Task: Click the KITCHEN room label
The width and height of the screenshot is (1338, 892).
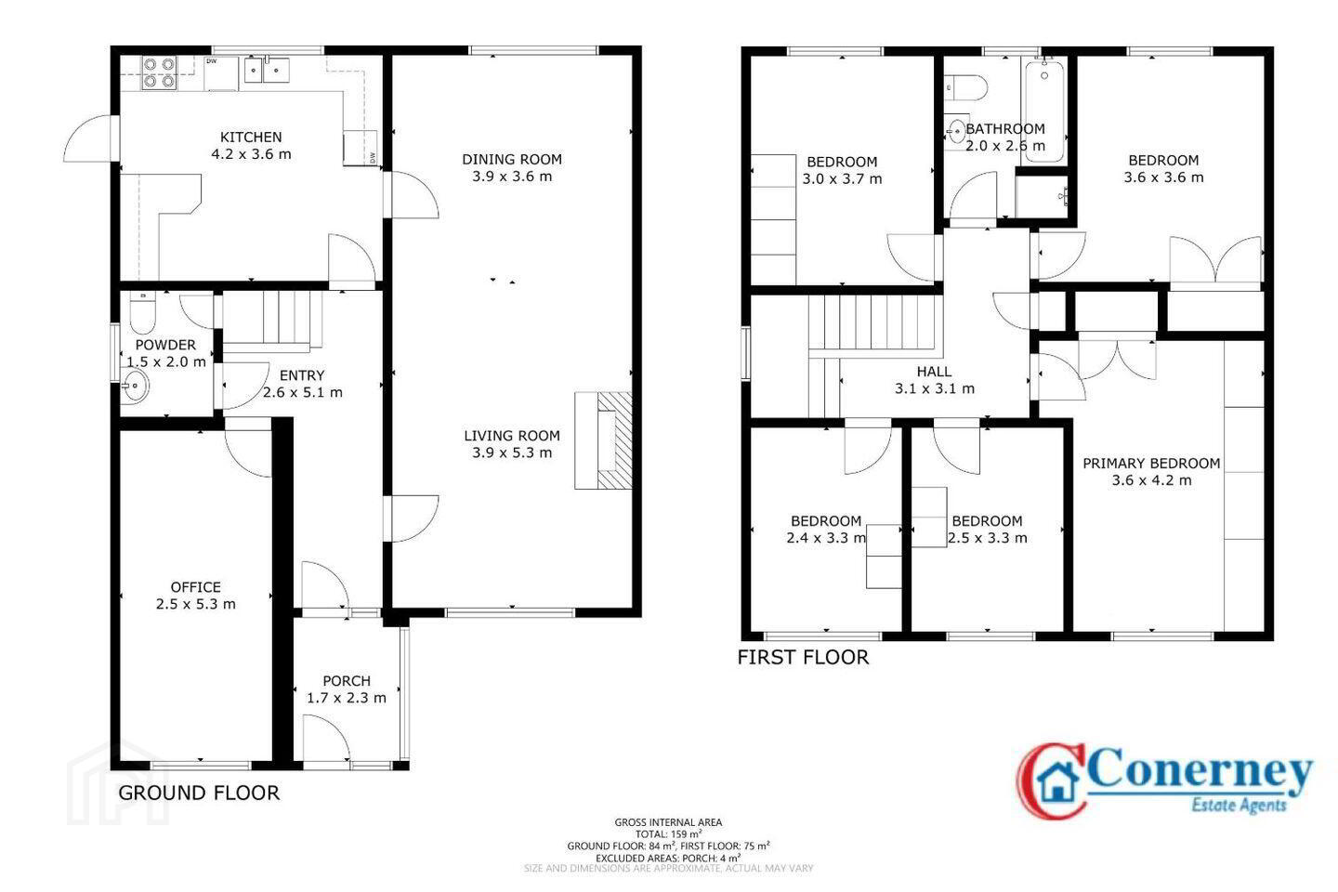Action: point(251,137)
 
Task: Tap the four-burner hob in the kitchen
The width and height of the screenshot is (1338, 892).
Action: point(160,72)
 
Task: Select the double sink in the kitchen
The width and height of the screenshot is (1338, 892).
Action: point(267,70)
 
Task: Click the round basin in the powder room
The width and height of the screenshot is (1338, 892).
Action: point(136,386)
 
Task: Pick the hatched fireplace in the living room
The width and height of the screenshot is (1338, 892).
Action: point(603,441)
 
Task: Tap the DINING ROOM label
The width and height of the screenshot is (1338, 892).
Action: point(512,160)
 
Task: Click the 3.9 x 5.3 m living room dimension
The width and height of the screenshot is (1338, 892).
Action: point(512,453)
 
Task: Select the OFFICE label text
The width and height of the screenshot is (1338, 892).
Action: point(196,587)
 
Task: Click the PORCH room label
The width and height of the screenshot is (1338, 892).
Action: point(347,681)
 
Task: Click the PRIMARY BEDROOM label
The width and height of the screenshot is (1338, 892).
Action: point(1151,464)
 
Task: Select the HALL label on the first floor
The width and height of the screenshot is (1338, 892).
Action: point(934,372)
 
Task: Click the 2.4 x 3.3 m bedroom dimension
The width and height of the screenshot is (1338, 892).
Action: point(825,538)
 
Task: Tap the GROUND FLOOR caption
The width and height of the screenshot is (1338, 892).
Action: point(199,794)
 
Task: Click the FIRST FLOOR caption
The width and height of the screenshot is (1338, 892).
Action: point(803,658)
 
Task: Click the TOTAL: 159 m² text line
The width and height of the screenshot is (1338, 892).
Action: point(668,834)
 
